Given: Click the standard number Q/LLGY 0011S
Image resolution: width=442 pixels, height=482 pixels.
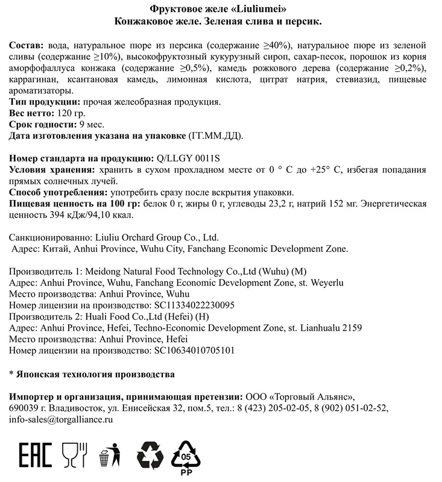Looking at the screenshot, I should [188, 158].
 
